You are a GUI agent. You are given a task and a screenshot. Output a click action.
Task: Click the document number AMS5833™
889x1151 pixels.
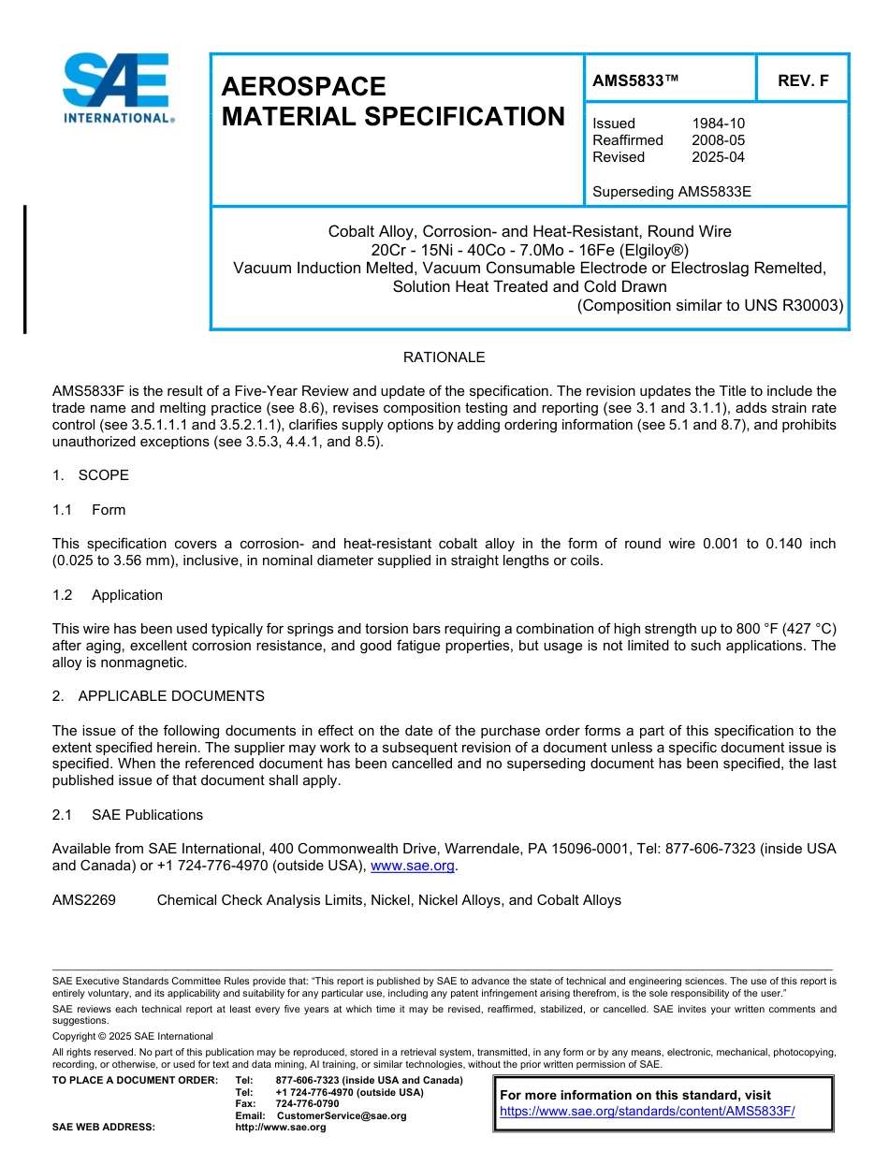click(635, 80)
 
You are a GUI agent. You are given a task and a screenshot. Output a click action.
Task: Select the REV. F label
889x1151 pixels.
click(803, 80)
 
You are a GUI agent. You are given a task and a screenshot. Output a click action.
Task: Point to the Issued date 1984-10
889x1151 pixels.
click(718, 124)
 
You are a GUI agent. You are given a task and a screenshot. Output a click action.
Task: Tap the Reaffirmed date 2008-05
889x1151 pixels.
click(718, 140)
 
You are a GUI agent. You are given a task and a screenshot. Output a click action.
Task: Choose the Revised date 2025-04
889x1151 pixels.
click(718, 157)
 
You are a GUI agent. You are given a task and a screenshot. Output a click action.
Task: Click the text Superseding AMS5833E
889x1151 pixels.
click(671, 192)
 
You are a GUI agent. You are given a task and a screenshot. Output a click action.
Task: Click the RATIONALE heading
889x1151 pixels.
click(444, 357)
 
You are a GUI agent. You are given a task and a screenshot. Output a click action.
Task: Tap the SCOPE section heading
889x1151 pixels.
click(103, 475)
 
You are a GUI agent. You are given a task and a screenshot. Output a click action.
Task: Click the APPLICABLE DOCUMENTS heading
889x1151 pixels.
click(170, 696)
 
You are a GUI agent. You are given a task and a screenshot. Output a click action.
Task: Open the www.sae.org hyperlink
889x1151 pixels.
click(413, 867)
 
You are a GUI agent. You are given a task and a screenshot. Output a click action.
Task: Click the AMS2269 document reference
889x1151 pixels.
click(84, 900)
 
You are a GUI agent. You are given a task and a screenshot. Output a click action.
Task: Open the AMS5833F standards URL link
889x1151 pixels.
click(647, 1111)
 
